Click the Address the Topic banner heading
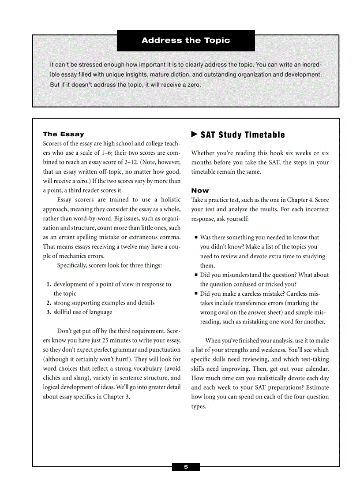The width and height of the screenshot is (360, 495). pyautogui.click(x=186, y=41)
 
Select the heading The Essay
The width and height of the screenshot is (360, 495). pyautogui.click(x=64, y=134)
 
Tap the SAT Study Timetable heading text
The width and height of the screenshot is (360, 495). pyautogui.click(x=243, y=135)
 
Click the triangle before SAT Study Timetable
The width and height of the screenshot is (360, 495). pyautogui.click(x=194, y=134)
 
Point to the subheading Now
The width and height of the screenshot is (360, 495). pyautogui.click(x=200, y=190)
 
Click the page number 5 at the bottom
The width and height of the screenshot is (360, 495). pyautogui.click(x=186, y=467)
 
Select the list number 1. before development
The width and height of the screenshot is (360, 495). pyautogui.click(x=49, y=284)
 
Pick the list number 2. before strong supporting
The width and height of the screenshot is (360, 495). pyautogui.click(x=49, y=303)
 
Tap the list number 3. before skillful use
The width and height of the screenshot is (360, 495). pyautogui.click(x=49, y=312)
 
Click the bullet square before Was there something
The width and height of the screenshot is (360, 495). pyautogui.click(x=196, y=238)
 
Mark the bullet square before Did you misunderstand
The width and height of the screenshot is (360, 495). pyautogui.click(x=196, y=275)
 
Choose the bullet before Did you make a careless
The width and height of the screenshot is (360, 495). pyautogui.click(x=196, y=294)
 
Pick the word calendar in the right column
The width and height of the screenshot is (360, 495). pyautogui.click(x=315, y=368)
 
